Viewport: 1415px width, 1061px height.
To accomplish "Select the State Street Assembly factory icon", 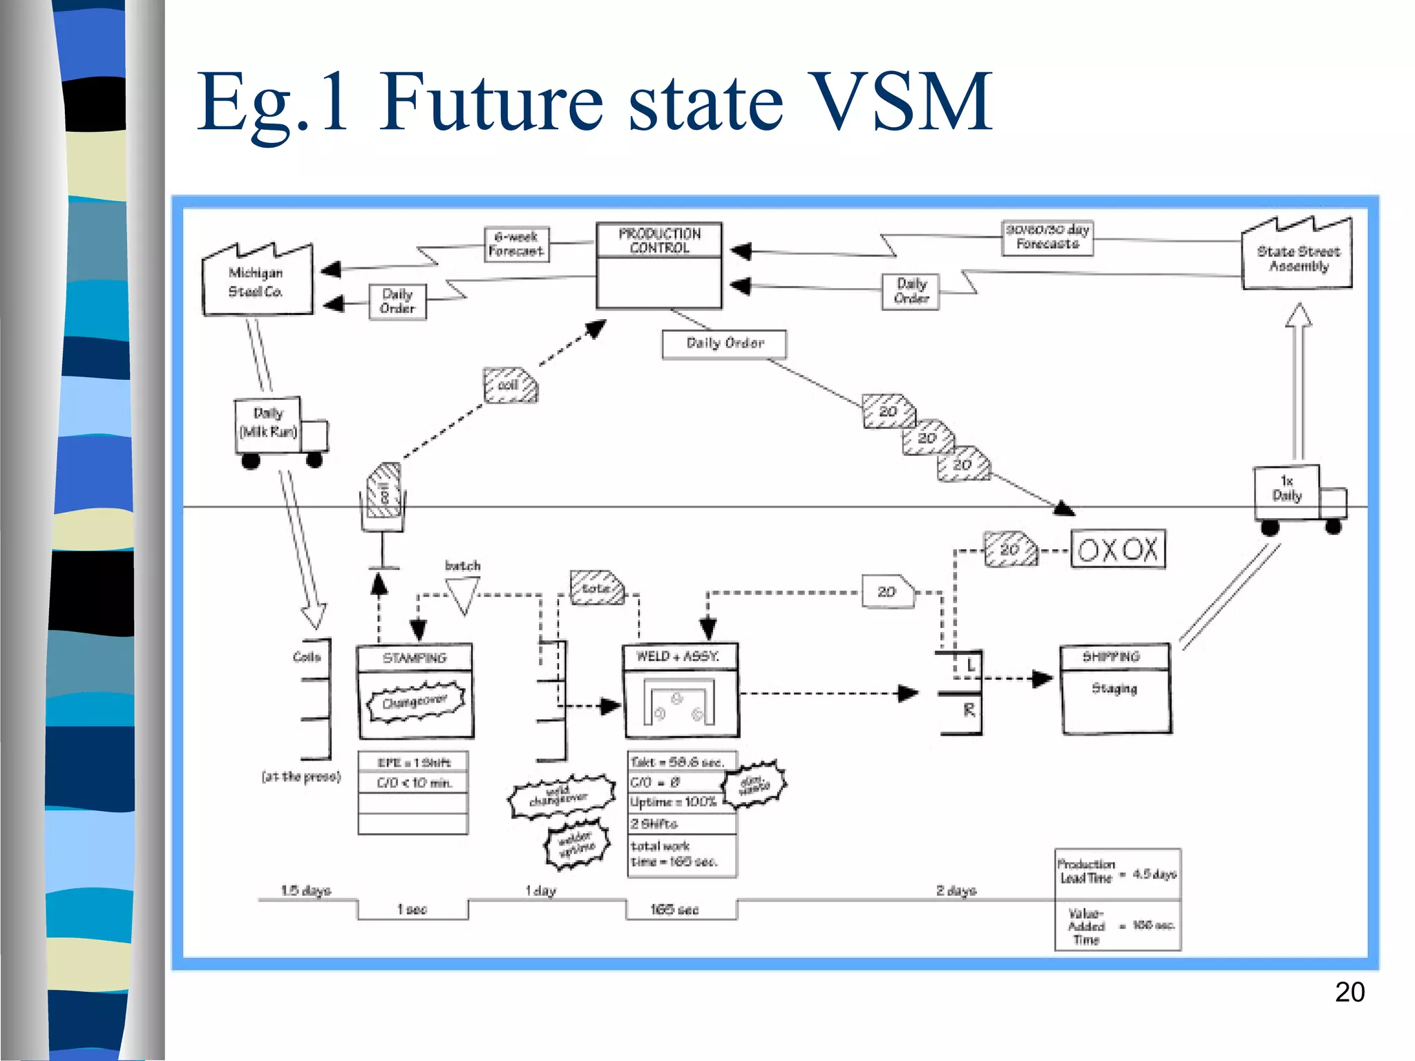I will [x=1297, y=257].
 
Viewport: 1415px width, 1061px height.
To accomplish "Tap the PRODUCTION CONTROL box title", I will [x=659, y=240].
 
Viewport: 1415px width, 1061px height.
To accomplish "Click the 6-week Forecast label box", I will [x=516, y=245].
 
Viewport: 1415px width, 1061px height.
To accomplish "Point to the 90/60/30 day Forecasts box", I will [x=1047, y=238].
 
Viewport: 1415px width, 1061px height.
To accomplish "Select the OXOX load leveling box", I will [x=1118, y=550].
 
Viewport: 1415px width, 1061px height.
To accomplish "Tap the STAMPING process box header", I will [x=415, y=658].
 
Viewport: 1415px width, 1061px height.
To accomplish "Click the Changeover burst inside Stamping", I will [x=415, y=702].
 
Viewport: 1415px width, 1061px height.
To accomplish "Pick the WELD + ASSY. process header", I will [x=680, y=657].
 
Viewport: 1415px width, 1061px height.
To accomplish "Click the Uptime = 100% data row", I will [x=674, y=803].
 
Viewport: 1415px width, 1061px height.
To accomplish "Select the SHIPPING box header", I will [x=1114, y=657].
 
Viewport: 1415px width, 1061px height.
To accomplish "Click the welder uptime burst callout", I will [x=577, y=843].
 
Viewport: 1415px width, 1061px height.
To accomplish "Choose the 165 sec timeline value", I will [x=674, y=910].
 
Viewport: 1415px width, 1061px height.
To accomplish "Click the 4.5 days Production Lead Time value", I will [x=1154, y=874].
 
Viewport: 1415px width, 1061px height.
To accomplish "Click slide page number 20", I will [x=1349, y=993].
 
